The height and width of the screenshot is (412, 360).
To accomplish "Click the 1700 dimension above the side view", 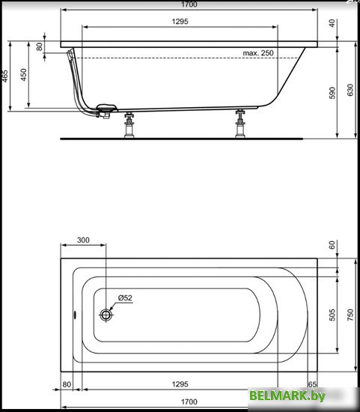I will [179, 5].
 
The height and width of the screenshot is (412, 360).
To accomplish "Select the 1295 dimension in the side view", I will [179, 22].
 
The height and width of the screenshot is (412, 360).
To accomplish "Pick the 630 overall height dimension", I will [350, 90].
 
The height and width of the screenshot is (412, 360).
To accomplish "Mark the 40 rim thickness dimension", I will [332, 23].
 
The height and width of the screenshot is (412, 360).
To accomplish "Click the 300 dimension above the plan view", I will [83, 240].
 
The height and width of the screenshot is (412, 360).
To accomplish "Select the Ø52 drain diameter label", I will [125, 299].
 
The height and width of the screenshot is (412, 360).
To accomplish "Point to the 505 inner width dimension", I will [332, 315].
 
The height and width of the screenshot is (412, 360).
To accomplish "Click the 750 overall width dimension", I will [350, 315].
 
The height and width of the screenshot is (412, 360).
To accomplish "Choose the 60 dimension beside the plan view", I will [332, 245].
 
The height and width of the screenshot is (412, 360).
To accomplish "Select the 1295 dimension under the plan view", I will [179, 384].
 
